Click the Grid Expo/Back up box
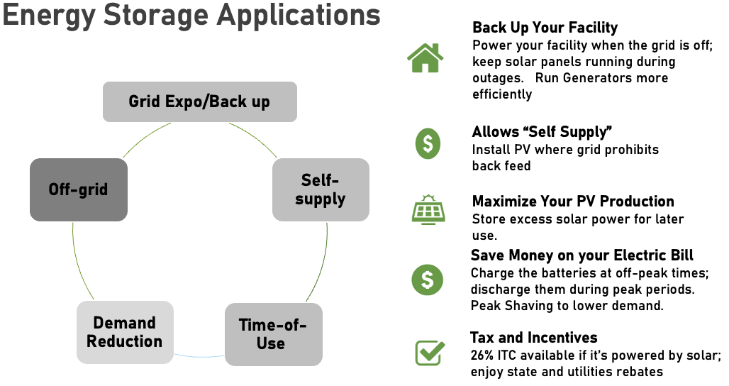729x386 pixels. pyautogui.click(x=199, y=101)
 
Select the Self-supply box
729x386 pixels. pyautogui.click(x=321, y=189)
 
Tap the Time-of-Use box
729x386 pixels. pyautogui.click(x=273, y=334)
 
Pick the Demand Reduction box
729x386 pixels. pyautogui.click(x=125, y=332)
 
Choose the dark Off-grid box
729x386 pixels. pyautogui.click(x=78, y=189)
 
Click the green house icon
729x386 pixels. pyautogui.click(x=425, y=58)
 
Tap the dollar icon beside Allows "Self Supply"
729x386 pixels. pyautogui.click(x=427, y=144)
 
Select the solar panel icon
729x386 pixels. pyautogui.click(x=427, y=210)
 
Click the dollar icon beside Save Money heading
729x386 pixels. pyautogui.click(x=427, y=280)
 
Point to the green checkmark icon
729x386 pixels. pyautogui.click(x=429, y=351)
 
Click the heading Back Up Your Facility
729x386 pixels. pyautogui.click(x=545, y=28)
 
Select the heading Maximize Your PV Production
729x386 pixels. pyautogui.click(x=573, y=202)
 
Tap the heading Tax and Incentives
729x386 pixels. pyautogui.click(x=533, y=337)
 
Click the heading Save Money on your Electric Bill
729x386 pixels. pyautogui.click(x=582, y=255)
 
